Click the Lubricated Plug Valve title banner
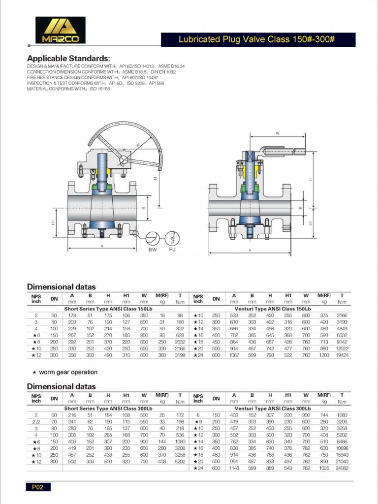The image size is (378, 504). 258,40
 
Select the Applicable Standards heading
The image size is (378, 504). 68,58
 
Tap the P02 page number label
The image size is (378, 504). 38,487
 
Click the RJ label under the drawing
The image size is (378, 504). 172,250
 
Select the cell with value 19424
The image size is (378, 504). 341,354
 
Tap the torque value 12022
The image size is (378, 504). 341,348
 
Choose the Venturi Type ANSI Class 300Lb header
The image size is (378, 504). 272,409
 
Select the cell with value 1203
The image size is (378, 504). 324,354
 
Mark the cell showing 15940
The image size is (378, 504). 341,454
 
